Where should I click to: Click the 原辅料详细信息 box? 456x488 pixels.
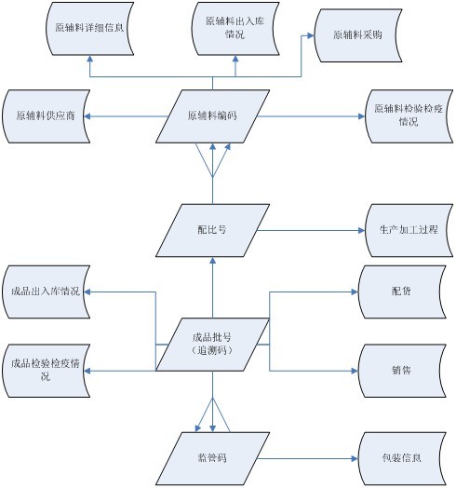click(x=90, y=29)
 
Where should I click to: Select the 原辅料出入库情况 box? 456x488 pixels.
click(x=235, y=29)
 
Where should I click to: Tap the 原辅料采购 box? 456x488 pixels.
click(x=358, y=35)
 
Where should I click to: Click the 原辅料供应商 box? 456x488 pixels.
click(x=46, y=116)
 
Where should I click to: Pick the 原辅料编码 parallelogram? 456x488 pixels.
click(x=212, y=116)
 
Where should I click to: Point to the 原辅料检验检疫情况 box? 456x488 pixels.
click(x=409, y=116)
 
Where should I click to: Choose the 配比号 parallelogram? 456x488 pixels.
click(x=212, y=230)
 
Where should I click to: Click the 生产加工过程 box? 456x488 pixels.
click(x=409, y=230)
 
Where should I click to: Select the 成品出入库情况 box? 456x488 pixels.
click(x=46, y=291)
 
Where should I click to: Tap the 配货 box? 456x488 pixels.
click(x=402, y=291)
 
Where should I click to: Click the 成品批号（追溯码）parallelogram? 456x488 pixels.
click(x=212, y=345)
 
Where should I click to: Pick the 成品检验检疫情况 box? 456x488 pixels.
click(x=46, y=371)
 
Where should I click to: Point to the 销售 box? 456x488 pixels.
click(x=402, y=371)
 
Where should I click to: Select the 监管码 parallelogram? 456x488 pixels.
click(x=212, y=458)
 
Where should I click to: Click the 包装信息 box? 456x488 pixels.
click(x=402, y=458)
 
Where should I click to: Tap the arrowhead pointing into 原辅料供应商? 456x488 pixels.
click(x=87, y=116)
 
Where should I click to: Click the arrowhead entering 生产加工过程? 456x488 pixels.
click(x=361, y=230)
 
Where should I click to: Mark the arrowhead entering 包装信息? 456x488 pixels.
click(x=355, y=458)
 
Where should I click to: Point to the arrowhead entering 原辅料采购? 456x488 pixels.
click(x=311, y=35)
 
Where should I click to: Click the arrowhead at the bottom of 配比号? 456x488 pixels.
click(x=212, y=261)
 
